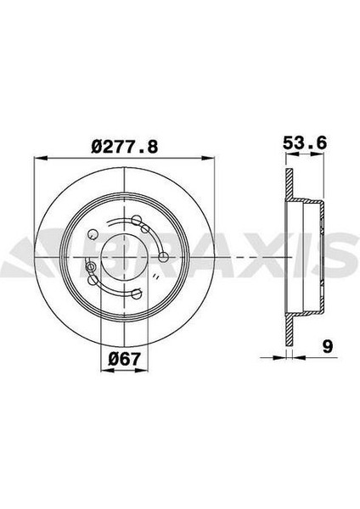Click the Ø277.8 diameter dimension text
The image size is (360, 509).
point(125,145)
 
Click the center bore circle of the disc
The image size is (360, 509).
point(125,252)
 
